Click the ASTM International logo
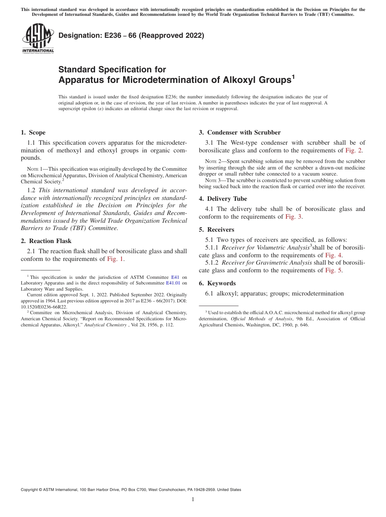pos(38,38)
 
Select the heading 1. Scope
pos(33,133)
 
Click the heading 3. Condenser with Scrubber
pos(240,133)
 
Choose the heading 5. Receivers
pos(217,230)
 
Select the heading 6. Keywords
pos(217,283)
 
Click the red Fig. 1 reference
pos(116,259)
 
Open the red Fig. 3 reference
pos(293,217)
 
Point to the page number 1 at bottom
pos(193,500)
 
